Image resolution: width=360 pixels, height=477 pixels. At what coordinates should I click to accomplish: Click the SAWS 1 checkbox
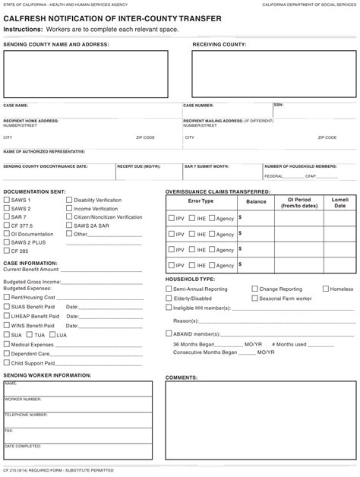coord(7,200)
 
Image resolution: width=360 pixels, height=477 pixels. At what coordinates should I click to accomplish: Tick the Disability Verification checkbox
coord(70,200)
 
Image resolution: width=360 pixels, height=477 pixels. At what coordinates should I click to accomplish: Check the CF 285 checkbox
coord(7,251)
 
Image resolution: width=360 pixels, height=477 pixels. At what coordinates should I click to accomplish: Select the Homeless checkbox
coord(326,289)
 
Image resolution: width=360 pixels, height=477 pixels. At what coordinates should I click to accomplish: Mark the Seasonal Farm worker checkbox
coord(254,299)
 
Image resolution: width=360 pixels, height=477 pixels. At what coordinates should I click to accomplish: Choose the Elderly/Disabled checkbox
coord(169,299)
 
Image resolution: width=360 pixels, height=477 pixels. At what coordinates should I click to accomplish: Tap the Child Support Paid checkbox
coord(7,362)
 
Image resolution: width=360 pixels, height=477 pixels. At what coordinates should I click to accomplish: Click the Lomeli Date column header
coord(339,202)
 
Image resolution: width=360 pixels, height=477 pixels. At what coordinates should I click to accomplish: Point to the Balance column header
coord(256,201)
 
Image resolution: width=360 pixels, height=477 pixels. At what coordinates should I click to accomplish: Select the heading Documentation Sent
coord(35,191)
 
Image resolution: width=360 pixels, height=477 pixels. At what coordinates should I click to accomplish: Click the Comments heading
coord(182,377)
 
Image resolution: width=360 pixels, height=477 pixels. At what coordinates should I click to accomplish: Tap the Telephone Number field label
coord(23,415)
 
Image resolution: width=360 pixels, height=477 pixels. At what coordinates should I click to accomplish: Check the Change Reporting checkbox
coord(254,289)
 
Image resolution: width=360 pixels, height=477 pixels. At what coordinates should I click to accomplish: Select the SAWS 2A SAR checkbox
coord(70,226)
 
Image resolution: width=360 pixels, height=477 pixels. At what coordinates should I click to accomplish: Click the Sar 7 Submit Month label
coord(206,166)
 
